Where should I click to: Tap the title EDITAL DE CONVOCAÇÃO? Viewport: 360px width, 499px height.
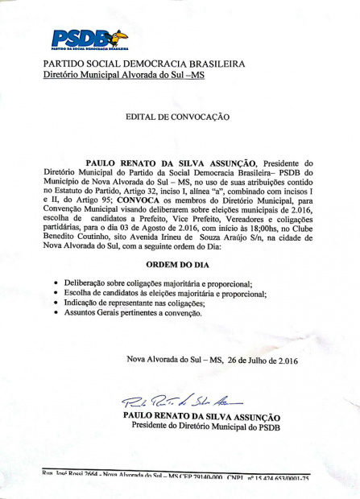click(x=177, y=118)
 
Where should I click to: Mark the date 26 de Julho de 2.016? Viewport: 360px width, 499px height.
click(x=257, y=360)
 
